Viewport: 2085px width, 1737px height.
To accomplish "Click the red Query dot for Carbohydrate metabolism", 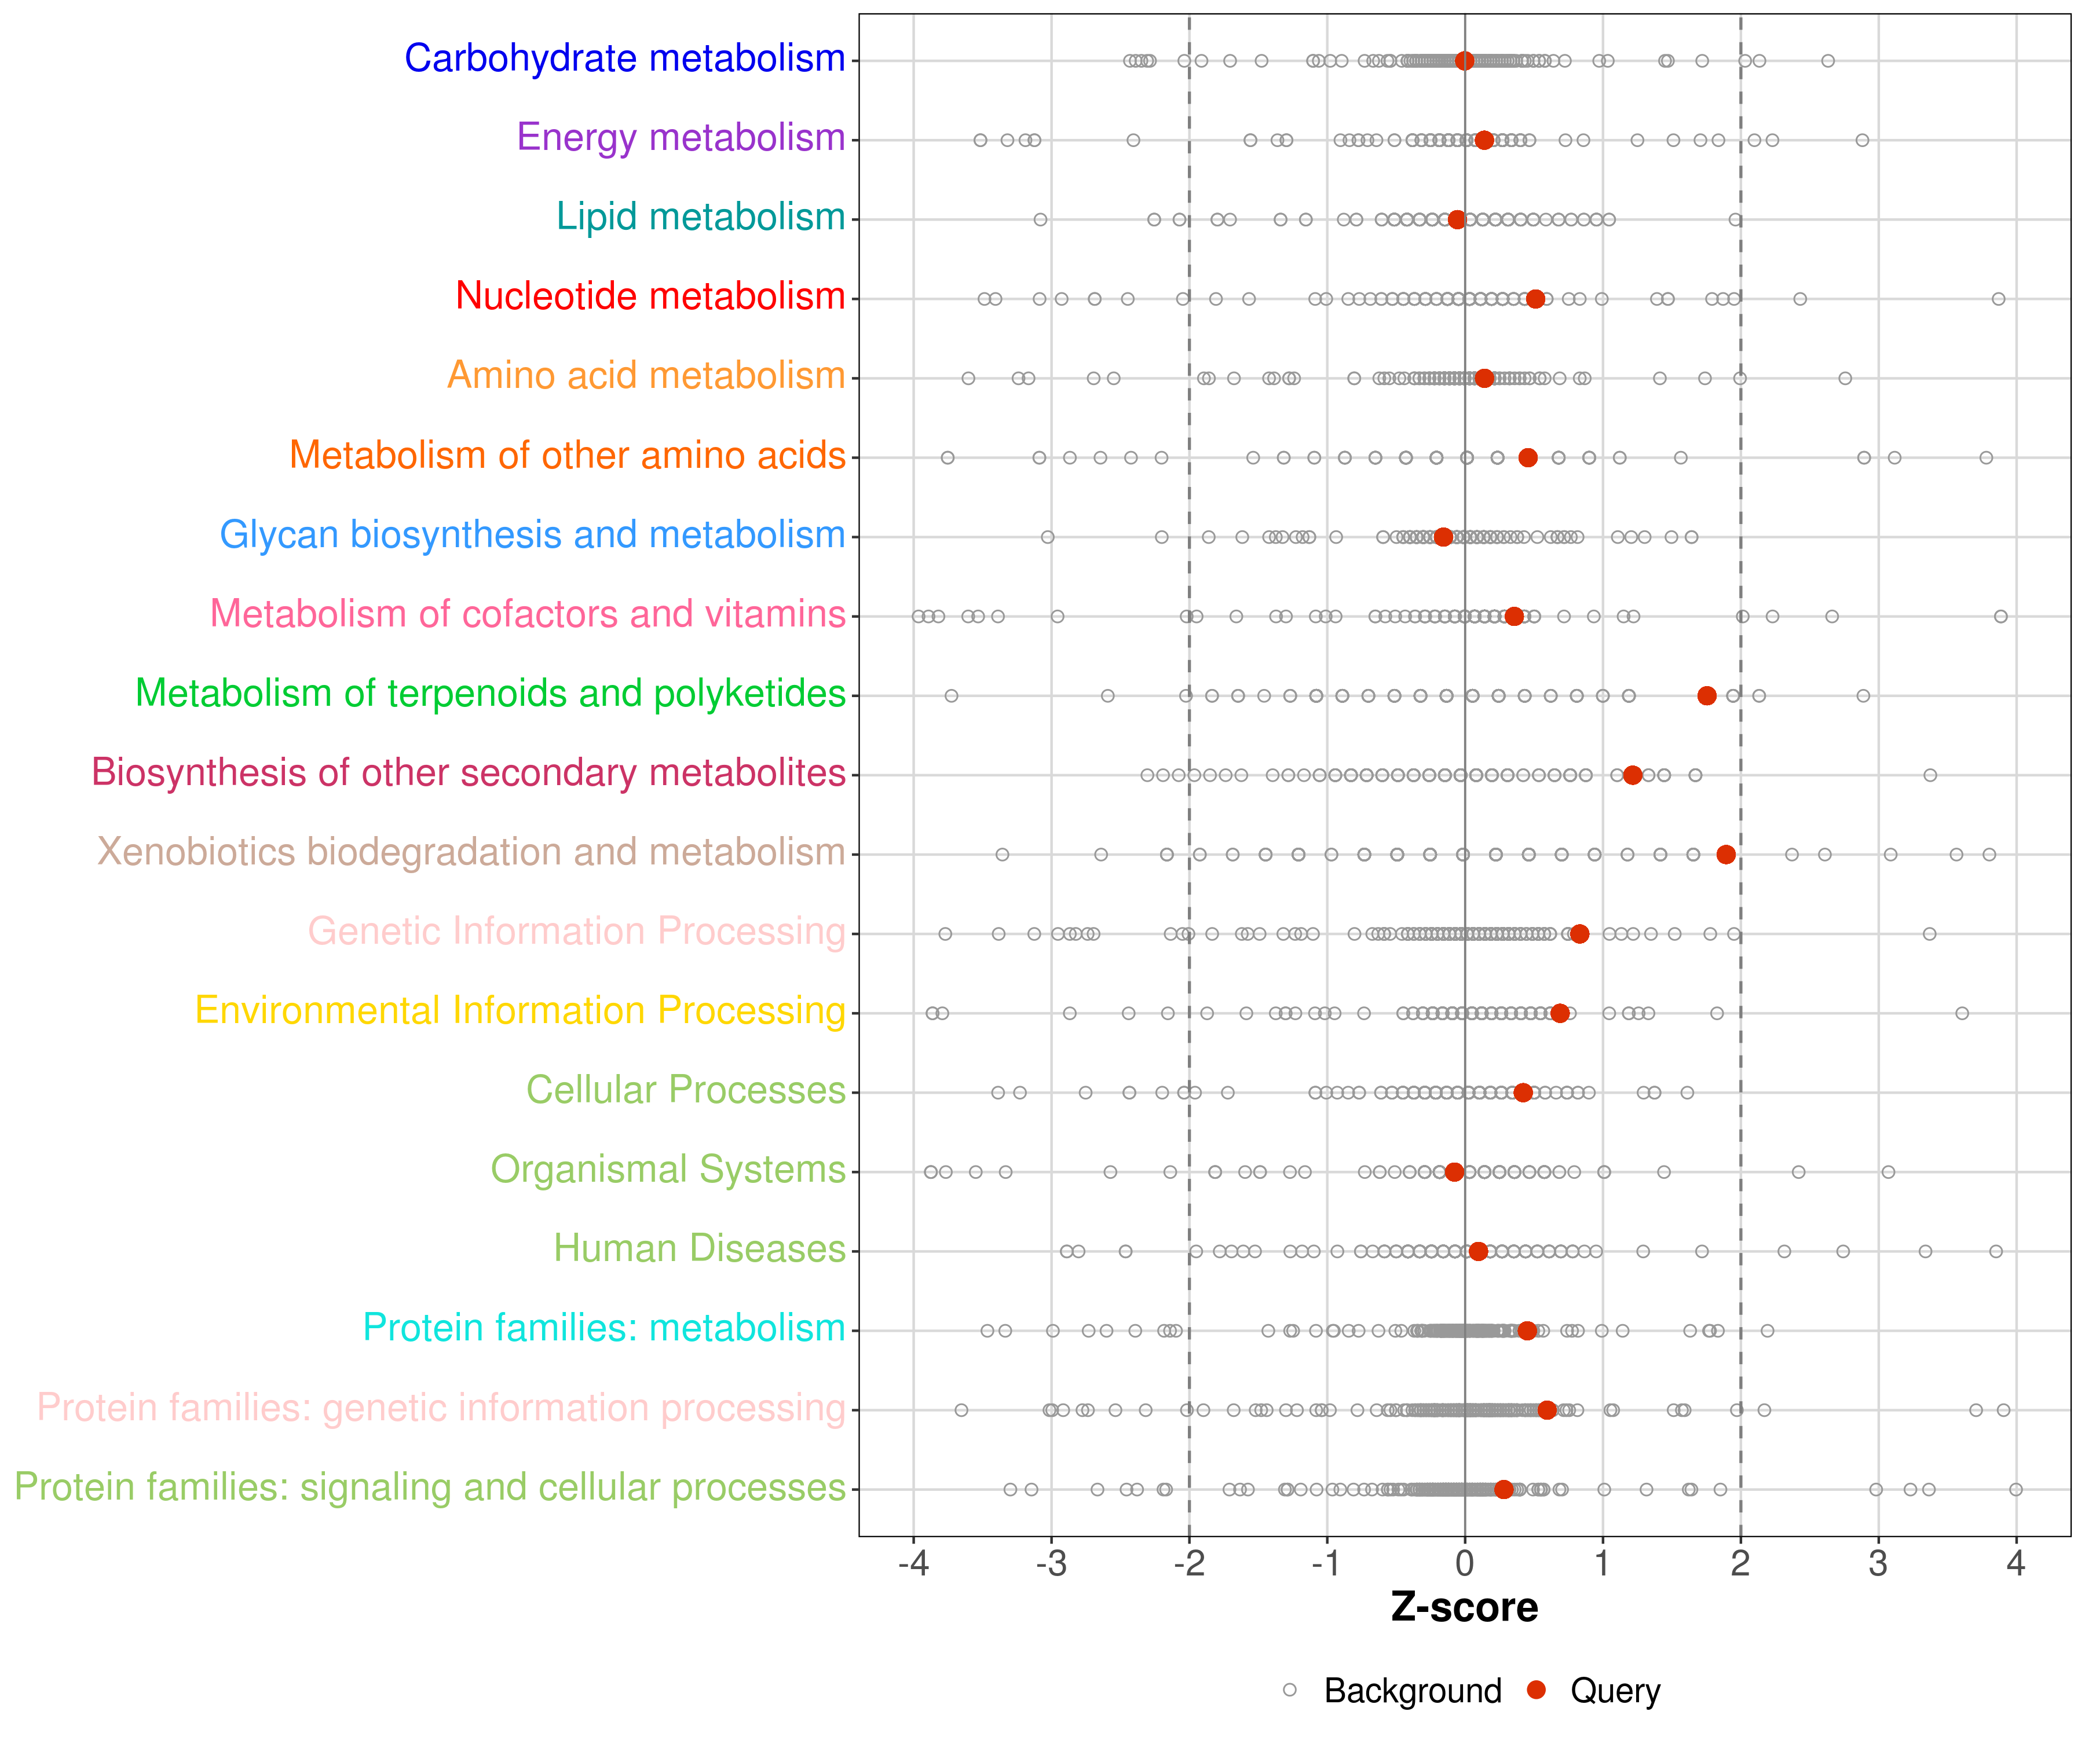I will click(x=1465, y=61).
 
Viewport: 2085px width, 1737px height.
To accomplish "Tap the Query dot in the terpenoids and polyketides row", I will click(x=1707, y=696).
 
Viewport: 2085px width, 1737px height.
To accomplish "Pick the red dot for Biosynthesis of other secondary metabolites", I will click(x=1632, y=775).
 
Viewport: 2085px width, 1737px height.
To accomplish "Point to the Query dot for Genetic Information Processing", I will click(x=1579, y=934).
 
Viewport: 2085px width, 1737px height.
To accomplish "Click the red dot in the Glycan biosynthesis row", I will click(x=1444, y=537).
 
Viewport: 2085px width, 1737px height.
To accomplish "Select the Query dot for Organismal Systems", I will click(x=1454, y=1172).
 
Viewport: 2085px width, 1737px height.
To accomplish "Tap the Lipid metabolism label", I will click(x=700, y=217).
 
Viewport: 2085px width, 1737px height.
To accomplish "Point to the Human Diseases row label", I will click(x=699, y=1249).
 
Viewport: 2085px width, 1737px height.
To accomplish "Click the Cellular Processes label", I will click(x=685, y=1090).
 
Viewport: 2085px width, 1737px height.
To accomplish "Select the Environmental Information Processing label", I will click(x=520, y=1010).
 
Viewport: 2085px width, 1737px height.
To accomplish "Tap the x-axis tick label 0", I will click(x=1465, y=1564).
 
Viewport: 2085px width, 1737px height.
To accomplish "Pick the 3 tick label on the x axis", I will click(x=1878, y=1564).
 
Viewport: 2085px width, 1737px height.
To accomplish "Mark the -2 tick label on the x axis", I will click(x=1188, y=1564).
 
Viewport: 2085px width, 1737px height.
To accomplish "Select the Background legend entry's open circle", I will click(x=1290, y=1690).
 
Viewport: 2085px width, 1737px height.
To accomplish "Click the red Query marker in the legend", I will click(x=1537, y=1690).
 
